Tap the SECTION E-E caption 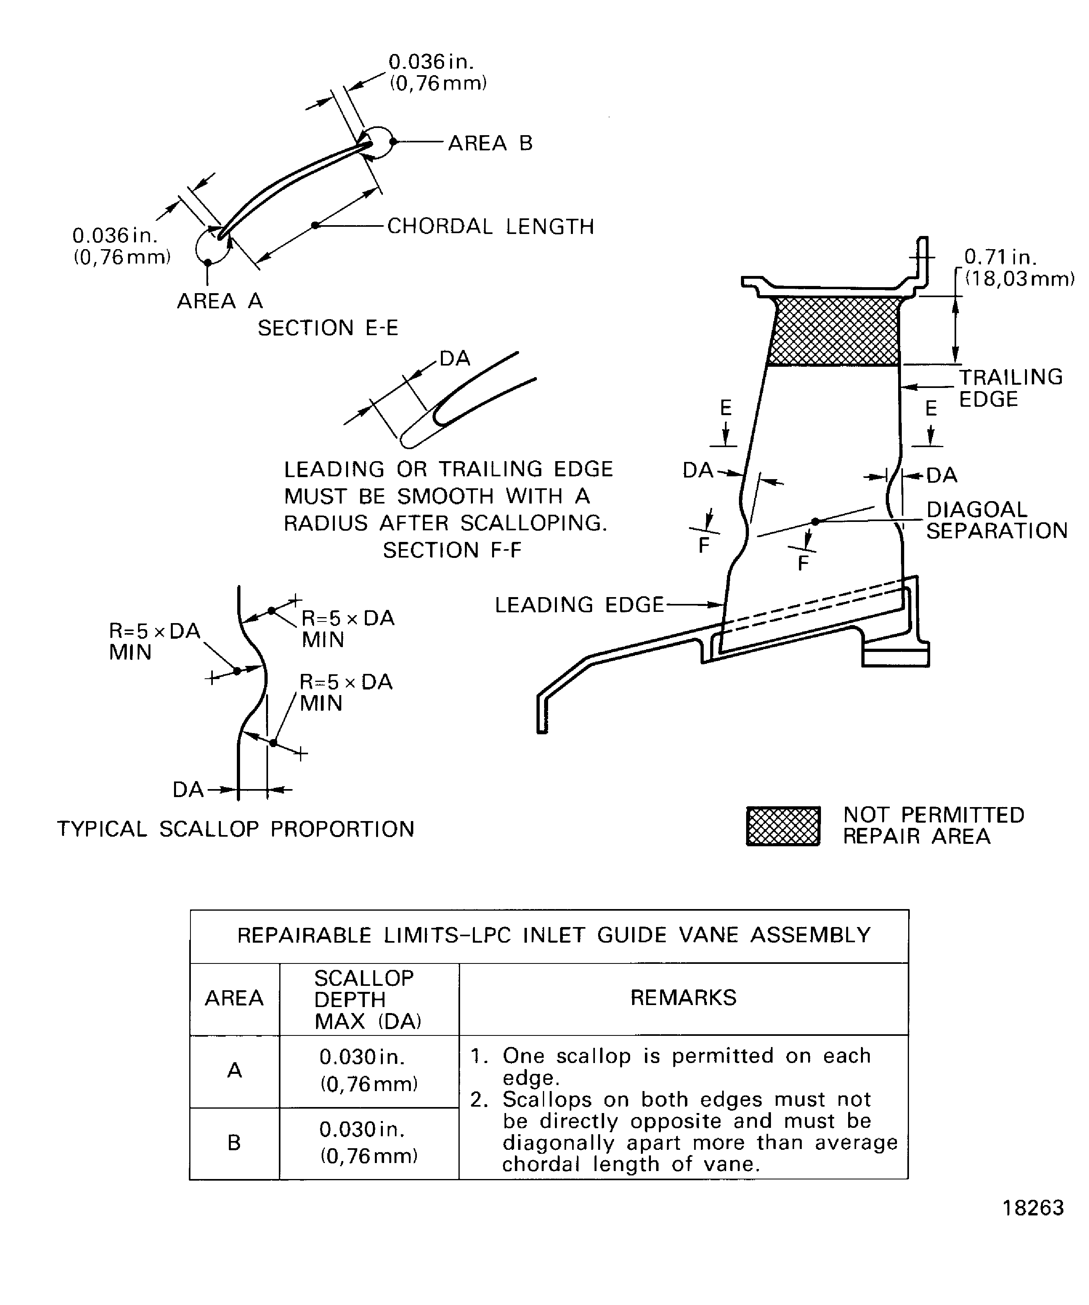pos(328,328)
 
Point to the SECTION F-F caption pos(452,550)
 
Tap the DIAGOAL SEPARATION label pos(996,520)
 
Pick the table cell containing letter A pos(234,1070)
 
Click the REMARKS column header pos(683,998)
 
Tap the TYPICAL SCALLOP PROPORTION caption pos(236,829)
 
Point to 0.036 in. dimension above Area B pos(437,72)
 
